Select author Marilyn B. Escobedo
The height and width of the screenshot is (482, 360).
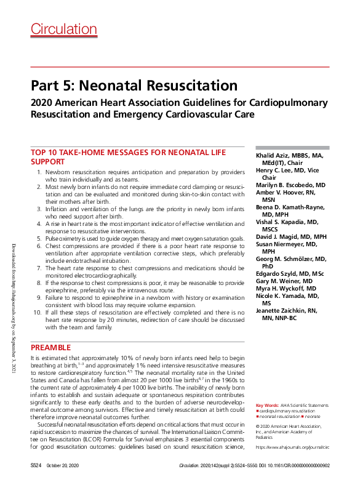290,185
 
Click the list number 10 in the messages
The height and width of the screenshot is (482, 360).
38,313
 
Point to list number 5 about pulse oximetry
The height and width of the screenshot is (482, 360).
39,238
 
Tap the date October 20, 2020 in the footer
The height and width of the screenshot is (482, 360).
63,467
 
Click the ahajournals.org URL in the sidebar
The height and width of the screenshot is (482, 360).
292,448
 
